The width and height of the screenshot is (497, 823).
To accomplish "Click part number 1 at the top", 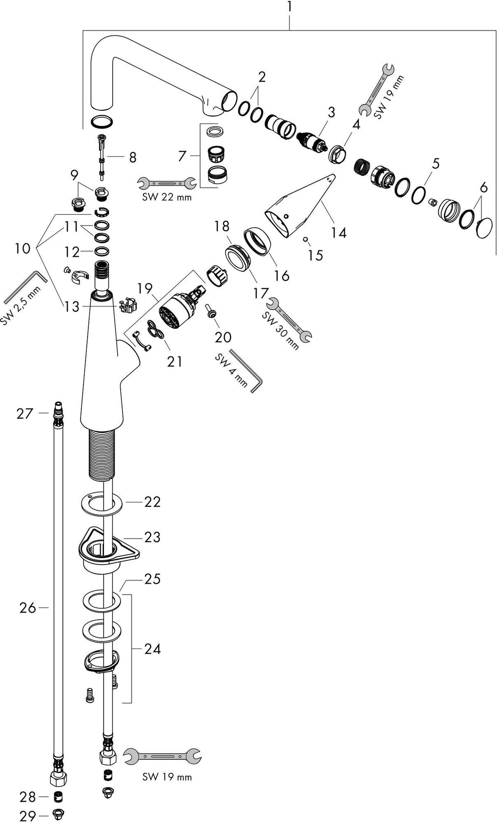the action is click(290, 7).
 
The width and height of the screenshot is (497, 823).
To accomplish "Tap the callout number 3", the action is click(331, 112).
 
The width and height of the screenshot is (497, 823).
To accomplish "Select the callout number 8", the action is click(133, 158).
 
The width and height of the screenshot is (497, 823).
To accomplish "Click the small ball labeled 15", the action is click(305, 239).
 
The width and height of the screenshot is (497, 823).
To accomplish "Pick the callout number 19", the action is click(145, 288).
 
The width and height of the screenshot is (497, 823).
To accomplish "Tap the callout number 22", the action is click(152, 502).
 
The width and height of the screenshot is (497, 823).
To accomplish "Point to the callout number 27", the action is click(24, 413).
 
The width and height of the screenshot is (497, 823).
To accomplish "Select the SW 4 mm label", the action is click(231, 370).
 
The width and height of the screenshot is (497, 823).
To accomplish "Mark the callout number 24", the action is click(152, 648).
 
